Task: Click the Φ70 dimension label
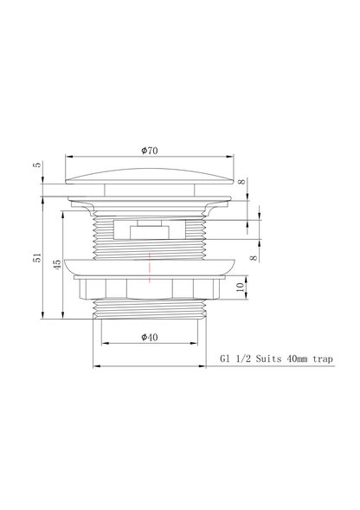pyautogui.click(x=149, y=151)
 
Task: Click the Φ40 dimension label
pyautogui.click(x=149, y=337)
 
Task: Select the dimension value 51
pyautogui.click(x=38, y=258)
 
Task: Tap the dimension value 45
pyautogui.click(x=57, y=264)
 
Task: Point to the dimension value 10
pyautogui.click(x=240, y=287)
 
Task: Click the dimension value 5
pyautogui.click(x=38, y=165)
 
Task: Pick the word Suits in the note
pyautogui.click(x=268, y=358)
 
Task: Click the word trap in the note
pyautogui.click(x=323, y=359)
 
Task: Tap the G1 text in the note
pyautogui.click(x=225, y=358)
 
